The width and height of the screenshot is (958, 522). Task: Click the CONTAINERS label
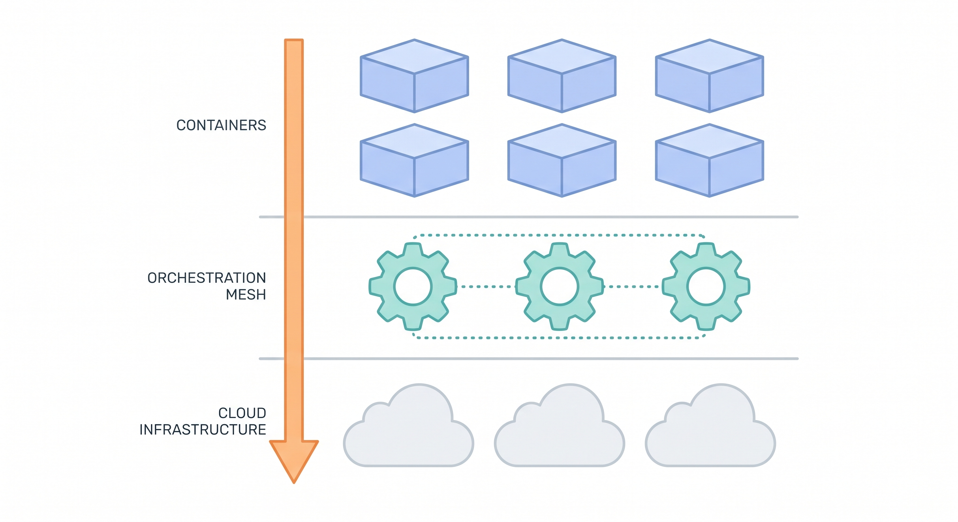221,125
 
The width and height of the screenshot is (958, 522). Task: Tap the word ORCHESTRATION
207,278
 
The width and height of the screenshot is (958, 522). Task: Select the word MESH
246,295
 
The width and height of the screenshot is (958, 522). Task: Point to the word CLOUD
242,413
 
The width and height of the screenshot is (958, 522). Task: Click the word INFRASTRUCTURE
203,430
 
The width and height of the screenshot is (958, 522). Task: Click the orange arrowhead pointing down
294,459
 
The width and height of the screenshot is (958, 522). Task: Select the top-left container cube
414,76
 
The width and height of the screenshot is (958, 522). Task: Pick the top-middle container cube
562,76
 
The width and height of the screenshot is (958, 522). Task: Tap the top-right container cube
710,76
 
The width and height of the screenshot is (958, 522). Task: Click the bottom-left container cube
414,160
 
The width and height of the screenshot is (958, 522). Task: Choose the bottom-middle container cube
562,160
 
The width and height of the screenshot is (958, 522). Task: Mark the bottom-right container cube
710,160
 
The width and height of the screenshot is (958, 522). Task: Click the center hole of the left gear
413,286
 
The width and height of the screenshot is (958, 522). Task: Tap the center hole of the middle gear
559,286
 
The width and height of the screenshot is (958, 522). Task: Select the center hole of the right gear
706,286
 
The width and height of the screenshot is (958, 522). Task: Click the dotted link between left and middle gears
486,286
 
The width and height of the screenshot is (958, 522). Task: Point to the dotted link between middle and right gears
632,286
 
